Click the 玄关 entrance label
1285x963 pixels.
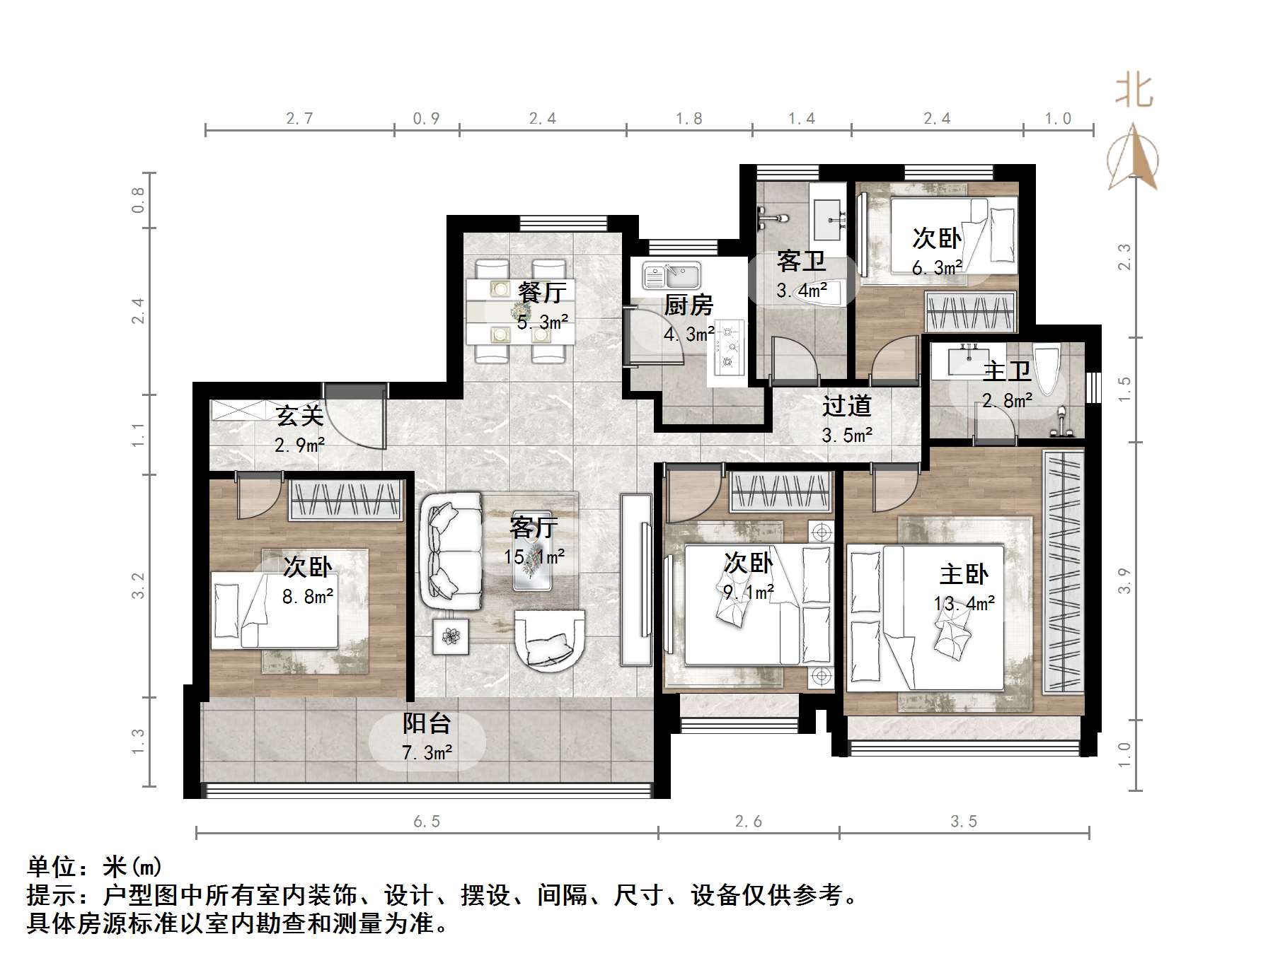point(299,415)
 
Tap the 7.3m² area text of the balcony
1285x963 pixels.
point(427,753)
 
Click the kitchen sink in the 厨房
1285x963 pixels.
point(671,275)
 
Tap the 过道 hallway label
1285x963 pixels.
point(846,406)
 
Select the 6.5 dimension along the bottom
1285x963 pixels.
point(427,821)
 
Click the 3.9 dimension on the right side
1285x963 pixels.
point(1124,581)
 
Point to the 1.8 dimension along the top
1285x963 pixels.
point(688,118)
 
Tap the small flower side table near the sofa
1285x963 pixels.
point(451,636)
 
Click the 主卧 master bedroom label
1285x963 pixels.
point(963,573)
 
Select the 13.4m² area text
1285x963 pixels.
point(964,603)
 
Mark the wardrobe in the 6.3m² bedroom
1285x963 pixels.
point(970,312)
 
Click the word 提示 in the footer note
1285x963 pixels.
point(52,895)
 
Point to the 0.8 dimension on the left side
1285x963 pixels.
point(139,200)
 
